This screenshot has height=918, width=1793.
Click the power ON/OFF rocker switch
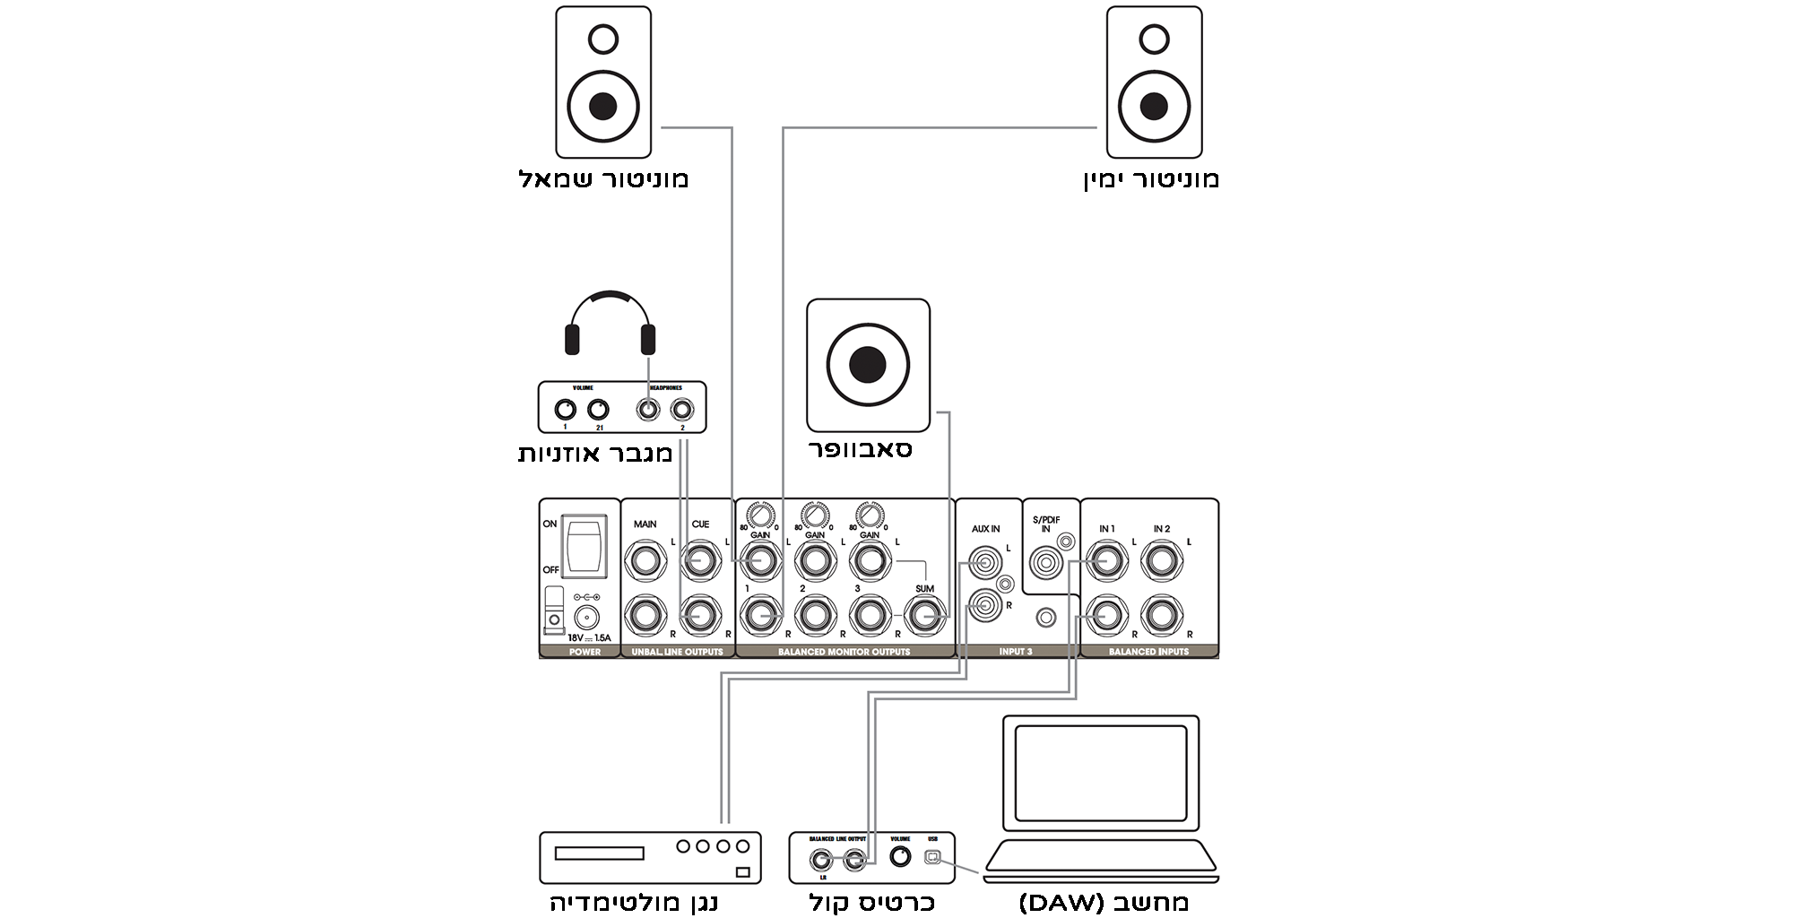click(585, 544)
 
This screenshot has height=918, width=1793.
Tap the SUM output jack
click(924, 616)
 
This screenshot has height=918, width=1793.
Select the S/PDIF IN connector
click(1046, 564)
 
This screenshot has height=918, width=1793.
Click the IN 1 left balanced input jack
click(1106, 563)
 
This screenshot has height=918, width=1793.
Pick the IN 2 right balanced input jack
click(1161, 616)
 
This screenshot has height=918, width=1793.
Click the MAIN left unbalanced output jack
click(645, 563)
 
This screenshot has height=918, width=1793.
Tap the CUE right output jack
click(700, 616)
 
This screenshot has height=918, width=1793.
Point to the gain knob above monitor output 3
click(869, 515)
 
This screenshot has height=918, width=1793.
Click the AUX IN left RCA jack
click(985, 564)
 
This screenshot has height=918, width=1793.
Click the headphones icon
click(610, 323)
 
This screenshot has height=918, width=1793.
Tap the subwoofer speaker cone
click(868, 365)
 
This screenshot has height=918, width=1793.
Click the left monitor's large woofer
click(602, 106)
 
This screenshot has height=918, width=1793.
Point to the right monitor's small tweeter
click(1154, 39)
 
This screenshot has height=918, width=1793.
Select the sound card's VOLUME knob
click(900, 857)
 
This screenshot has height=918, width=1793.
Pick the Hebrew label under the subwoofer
click(861, 448)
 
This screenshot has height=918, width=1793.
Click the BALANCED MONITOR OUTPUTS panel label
click(844, 652)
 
